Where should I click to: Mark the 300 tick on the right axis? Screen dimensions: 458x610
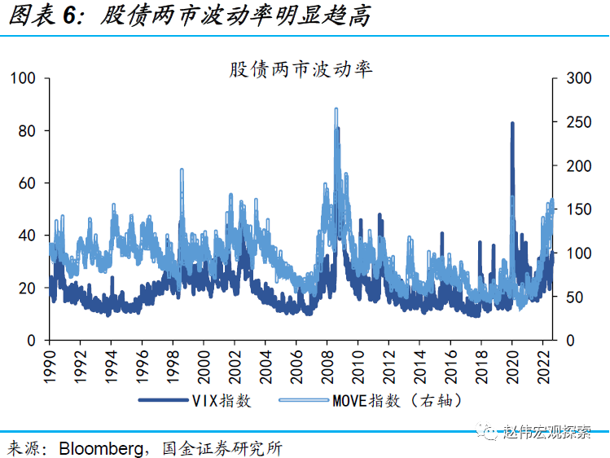point(571,78)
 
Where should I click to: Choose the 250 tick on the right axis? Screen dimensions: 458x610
point(571,122)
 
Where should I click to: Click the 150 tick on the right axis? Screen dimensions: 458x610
point(571,209)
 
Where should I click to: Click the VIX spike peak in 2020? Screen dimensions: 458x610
point(512,123)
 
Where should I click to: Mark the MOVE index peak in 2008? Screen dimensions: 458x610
point(336,108)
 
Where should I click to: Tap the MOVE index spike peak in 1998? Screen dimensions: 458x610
point(181,170)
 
